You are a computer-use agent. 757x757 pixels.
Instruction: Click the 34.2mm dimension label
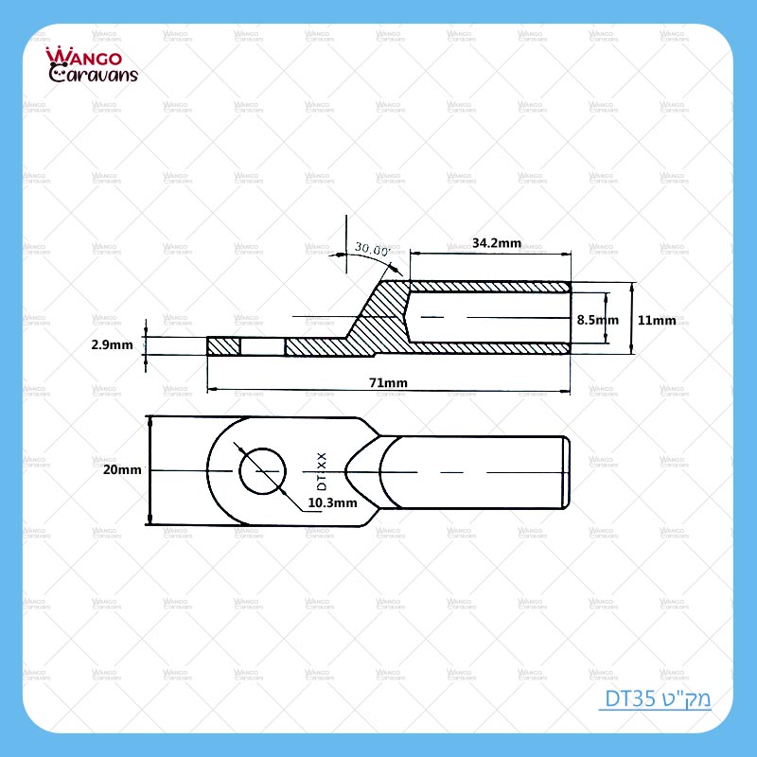pyautogui.click(x=496, y=243)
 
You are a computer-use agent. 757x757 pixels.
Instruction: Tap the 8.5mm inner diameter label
pyautogui.click(x=597, y=320)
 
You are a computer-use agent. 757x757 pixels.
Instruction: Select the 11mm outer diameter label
pyautogui.click(x=657, y=320)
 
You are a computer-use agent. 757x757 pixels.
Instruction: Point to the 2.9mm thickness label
pyautogui.click(x=112, y=345)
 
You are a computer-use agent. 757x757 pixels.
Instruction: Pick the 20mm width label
pyautogui.click(x=123, y=469)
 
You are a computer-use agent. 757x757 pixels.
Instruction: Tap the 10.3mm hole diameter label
pyautogui.click(x=332, y=503)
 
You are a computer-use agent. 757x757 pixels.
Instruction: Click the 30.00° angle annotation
pyautogui.click(x=372, y=249)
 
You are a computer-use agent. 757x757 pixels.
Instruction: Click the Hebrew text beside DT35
pyautogui.click(x=685, y=700)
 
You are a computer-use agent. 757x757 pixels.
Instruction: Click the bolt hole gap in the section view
pyautogui.click(x=263, y=347)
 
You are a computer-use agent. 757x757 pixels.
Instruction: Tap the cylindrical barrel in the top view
pyautogui.click(x=473, y=470)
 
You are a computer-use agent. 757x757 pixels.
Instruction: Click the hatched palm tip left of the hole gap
pyautogui.click(x=223, y=347)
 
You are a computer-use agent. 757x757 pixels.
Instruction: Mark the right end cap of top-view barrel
pyautogui.click(x=566, y=470)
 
